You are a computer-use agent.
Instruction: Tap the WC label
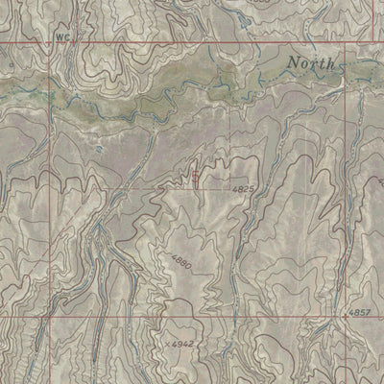(x=64, y=37)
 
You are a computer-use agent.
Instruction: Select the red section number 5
(x=197, y=176)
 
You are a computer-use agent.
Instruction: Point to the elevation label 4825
(x=243, y=190)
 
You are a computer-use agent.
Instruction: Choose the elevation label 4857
(x=361, y=313)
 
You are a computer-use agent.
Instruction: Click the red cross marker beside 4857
(x=346, y=315)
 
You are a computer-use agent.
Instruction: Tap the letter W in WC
(x=60, y=37)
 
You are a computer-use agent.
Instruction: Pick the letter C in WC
(x=69, y=37)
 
